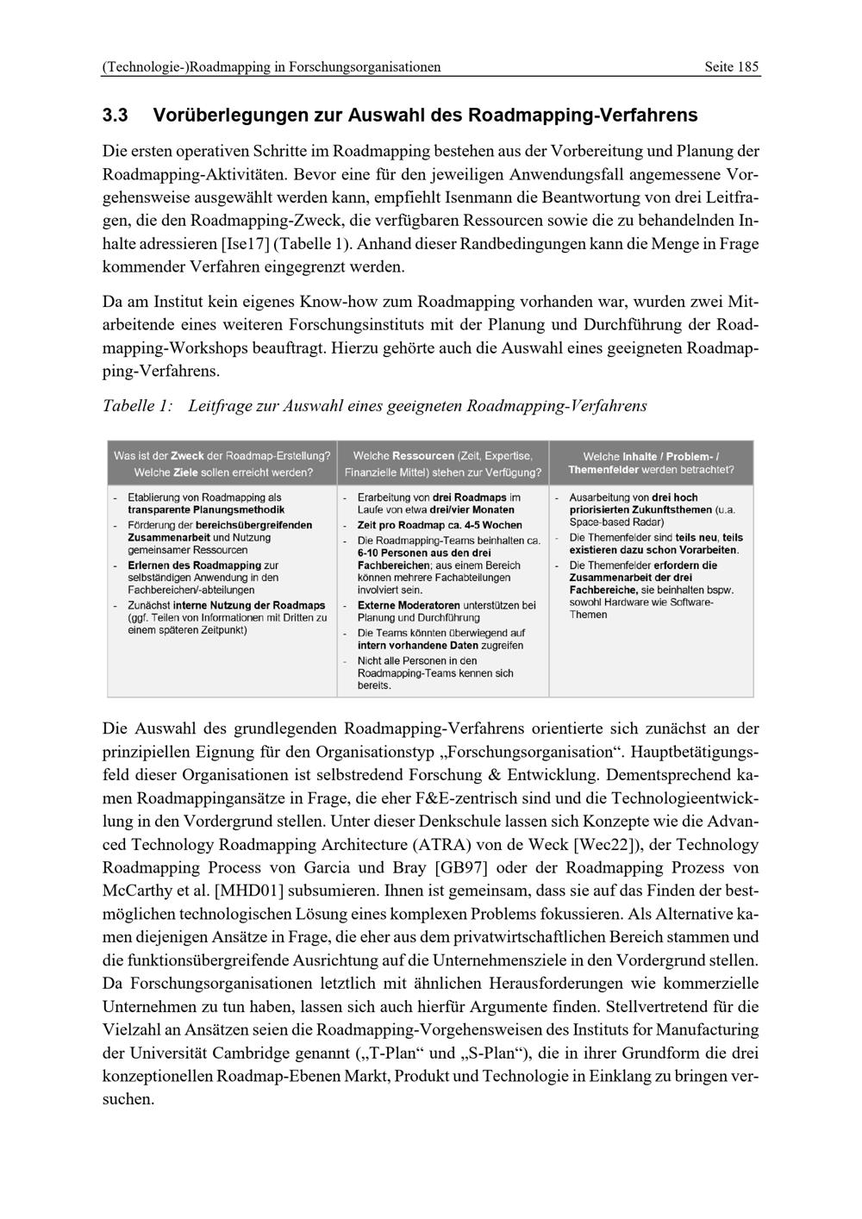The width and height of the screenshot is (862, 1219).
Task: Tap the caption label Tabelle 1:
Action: [x=137, y=405]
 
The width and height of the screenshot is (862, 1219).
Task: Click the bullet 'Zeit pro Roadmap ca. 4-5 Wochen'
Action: [x=440, y=525]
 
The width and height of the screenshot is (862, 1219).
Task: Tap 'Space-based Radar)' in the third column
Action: [x=616, y=522]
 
